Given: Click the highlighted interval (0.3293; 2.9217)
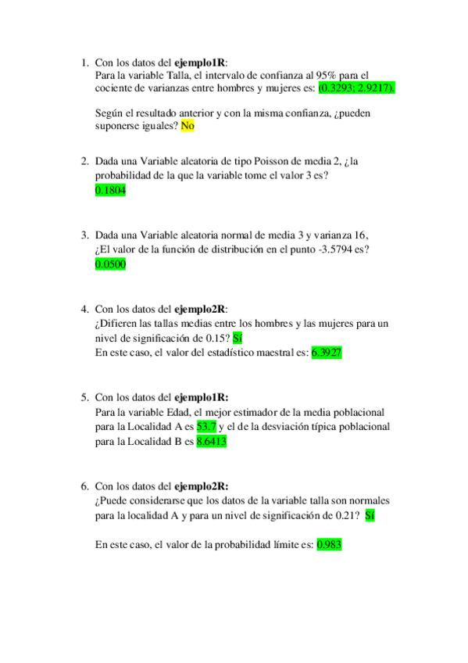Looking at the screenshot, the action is click(x=357, y=88).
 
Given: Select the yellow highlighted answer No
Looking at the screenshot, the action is click(x=188, y=125).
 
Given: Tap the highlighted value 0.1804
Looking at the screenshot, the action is click(x=110, y=190).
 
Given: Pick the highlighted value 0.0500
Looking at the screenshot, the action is click(x=110, y=264).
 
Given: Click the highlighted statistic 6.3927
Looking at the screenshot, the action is click(x=327, y=353).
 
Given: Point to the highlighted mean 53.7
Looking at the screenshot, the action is click(x=207, y=427).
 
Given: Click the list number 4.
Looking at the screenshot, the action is click(x=84, y=308).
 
